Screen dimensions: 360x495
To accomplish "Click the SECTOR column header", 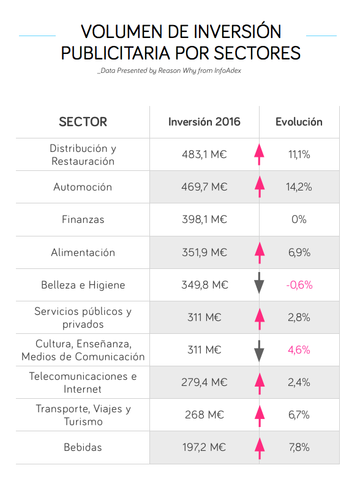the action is pos(83,122).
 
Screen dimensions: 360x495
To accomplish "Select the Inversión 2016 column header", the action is pos(204,122).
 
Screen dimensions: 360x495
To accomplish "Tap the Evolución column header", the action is pos(299,122).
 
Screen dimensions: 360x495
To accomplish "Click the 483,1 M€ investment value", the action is pos(204,154).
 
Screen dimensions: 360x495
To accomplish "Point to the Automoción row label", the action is pos(83,187).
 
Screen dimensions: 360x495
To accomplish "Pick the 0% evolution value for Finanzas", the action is pos(299,219).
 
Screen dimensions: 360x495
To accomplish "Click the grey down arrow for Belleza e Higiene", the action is pos(259,283).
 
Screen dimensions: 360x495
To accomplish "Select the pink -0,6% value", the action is pos(299,285).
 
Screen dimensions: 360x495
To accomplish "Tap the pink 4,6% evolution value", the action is pos(299,350).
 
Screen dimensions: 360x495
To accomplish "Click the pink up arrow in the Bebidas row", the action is pos(260,448).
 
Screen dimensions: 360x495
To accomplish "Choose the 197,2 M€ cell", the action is pos(204,447).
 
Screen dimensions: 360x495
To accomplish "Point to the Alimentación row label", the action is pos(83,252).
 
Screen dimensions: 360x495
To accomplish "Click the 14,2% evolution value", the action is pos(299,187).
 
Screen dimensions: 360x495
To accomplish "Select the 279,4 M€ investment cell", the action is pos(204,382).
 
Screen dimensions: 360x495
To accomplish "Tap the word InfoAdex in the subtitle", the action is pos(228,70).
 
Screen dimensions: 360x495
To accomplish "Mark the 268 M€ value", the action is pos(204,415).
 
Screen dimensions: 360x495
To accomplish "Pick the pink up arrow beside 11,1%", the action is pos(259,154).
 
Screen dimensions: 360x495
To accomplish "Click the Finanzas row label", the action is pos(83,219).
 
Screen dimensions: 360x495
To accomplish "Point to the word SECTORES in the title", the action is pos(257,53).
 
